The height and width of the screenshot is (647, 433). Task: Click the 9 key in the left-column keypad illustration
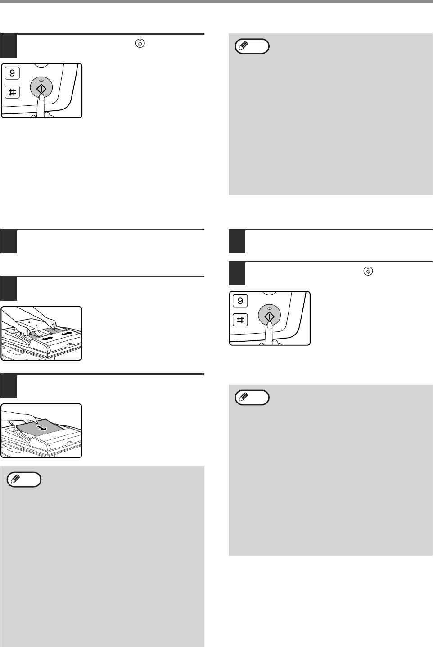(12, 73)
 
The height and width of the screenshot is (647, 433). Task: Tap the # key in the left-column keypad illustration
(12, 92)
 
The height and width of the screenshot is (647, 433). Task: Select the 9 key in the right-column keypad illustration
(240, 301)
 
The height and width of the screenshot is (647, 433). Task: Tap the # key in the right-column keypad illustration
(240, 320)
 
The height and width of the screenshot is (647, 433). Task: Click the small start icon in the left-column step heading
(140, 43)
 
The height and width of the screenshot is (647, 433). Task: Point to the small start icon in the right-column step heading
(368, 271)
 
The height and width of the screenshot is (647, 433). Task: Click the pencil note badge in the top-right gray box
(252, 46)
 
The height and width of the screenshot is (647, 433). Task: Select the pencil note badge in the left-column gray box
(24, 480)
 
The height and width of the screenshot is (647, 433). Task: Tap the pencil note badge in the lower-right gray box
(252, 398)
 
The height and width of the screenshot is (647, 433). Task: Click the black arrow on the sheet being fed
(42, 427)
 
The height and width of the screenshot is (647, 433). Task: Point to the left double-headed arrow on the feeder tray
(48, 338)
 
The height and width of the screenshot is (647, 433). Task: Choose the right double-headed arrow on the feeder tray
(67, 334)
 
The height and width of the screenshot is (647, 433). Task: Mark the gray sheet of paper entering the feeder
(41, 427)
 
